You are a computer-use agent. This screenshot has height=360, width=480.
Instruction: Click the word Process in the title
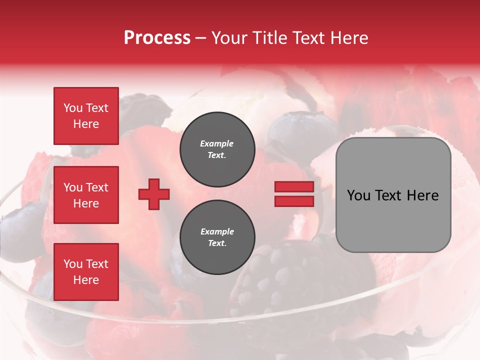coord(157,38)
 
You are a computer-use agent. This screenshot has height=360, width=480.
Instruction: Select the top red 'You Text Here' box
coord(86,115)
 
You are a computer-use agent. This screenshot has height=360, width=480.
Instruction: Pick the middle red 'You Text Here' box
coord(86,195)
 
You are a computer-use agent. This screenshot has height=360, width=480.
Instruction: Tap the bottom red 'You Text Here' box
coord(86,271)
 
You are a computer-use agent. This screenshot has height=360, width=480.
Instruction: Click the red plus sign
coord(154,194)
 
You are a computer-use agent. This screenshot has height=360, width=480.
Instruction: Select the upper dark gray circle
coord(217,149)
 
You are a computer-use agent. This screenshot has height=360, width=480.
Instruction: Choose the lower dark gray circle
coord(217,237)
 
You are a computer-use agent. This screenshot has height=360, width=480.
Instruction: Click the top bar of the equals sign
coord(294,186)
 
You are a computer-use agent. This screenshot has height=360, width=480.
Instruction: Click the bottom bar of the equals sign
coord(294,201)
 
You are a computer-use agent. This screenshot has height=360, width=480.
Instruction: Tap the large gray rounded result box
coord(393,195)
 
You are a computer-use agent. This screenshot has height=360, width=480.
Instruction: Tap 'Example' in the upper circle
coord(217,143)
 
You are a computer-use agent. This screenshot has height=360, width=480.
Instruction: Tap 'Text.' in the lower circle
coord(217,243)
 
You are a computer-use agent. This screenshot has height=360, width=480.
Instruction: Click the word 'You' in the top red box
coord(73,108)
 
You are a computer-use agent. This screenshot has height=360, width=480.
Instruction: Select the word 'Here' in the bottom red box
coord(86,280)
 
